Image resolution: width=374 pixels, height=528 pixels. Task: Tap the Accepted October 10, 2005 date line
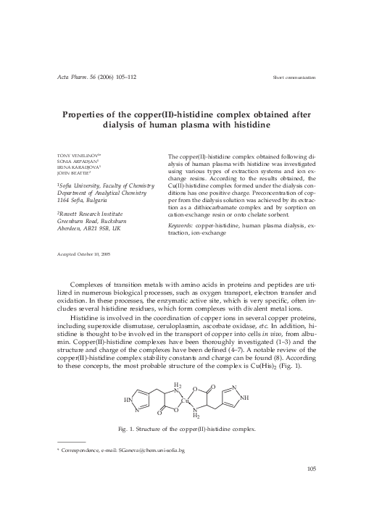pyautogui.click(x=84, y=255)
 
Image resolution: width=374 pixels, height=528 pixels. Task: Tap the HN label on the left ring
pyautogui.click(x=128, y=399)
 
